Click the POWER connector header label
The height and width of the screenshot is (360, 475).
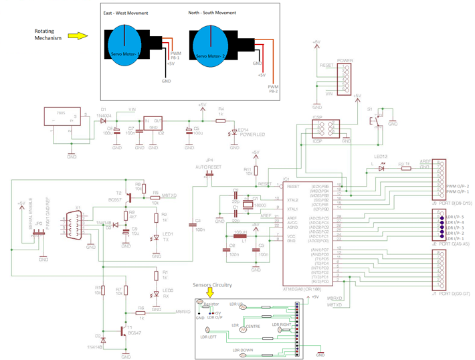click(345, 59)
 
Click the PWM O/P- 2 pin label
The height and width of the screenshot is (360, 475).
click(459, 185)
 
